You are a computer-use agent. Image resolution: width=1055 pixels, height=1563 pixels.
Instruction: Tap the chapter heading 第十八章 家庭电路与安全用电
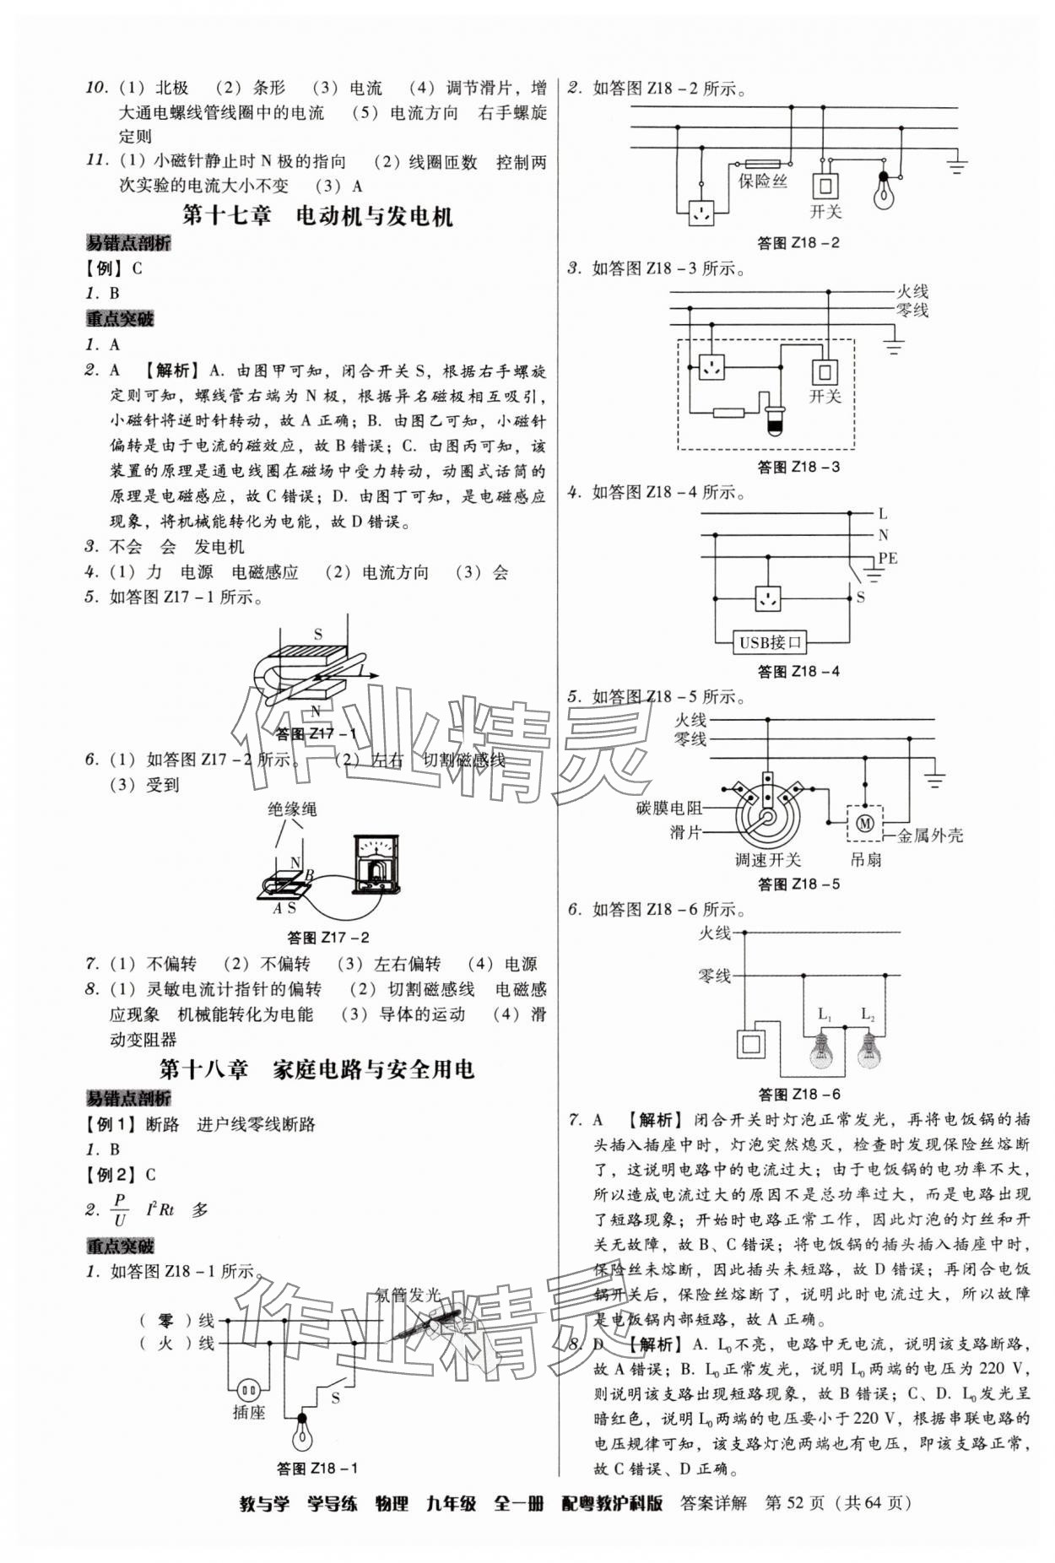click(x=317, y=1069)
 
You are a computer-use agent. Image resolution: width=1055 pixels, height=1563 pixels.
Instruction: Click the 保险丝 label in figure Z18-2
click(x=762, y=181)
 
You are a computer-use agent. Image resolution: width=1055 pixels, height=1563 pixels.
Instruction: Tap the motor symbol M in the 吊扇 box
click(x=864, y=822)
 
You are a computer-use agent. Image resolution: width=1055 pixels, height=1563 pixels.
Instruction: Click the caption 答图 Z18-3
click(x=798, y=466)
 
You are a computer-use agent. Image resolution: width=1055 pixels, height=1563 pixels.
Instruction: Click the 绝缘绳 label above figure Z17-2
click(x=292, y=809)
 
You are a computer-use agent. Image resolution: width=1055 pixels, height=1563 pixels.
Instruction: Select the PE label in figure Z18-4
click(x=887, y=558)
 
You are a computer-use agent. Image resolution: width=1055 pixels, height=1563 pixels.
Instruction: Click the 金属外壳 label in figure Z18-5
click(x=929, y=836)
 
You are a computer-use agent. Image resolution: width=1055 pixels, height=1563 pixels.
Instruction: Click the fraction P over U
click(x=120, y=1209)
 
